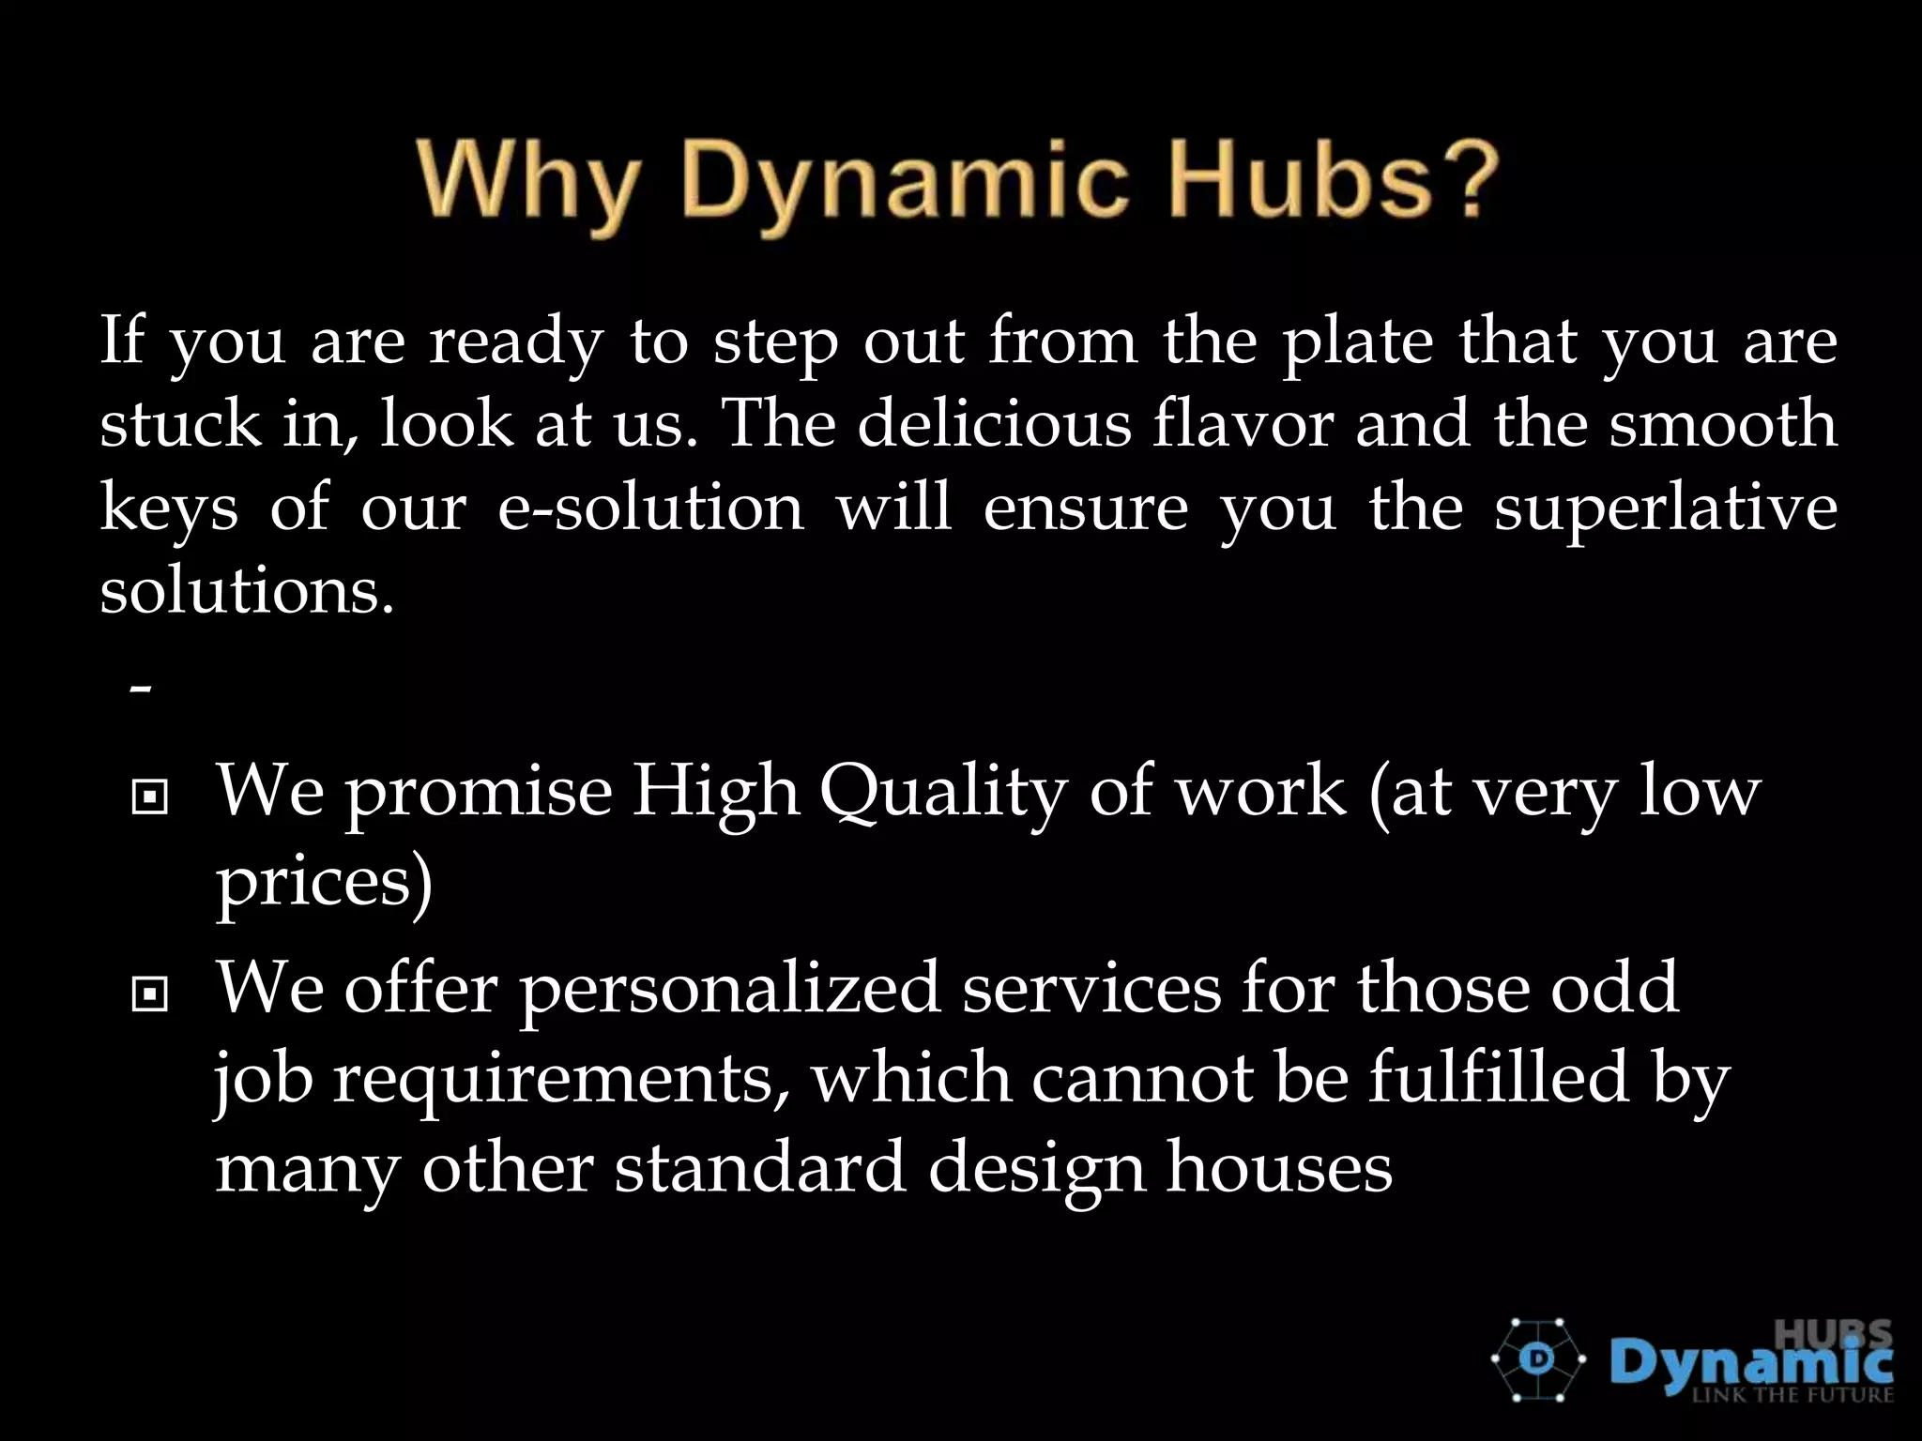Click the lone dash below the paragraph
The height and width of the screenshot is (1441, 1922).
[141, 690]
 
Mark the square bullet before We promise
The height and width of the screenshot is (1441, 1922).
[150, 798]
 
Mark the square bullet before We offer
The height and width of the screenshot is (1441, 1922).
[150, 995]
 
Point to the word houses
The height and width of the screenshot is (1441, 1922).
[1279, 1169]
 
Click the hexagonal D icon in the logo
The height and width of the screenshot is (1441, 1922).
[1538, 1360]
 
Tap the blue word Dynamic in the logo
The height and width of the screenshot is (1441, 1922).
[1751, 1363]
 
